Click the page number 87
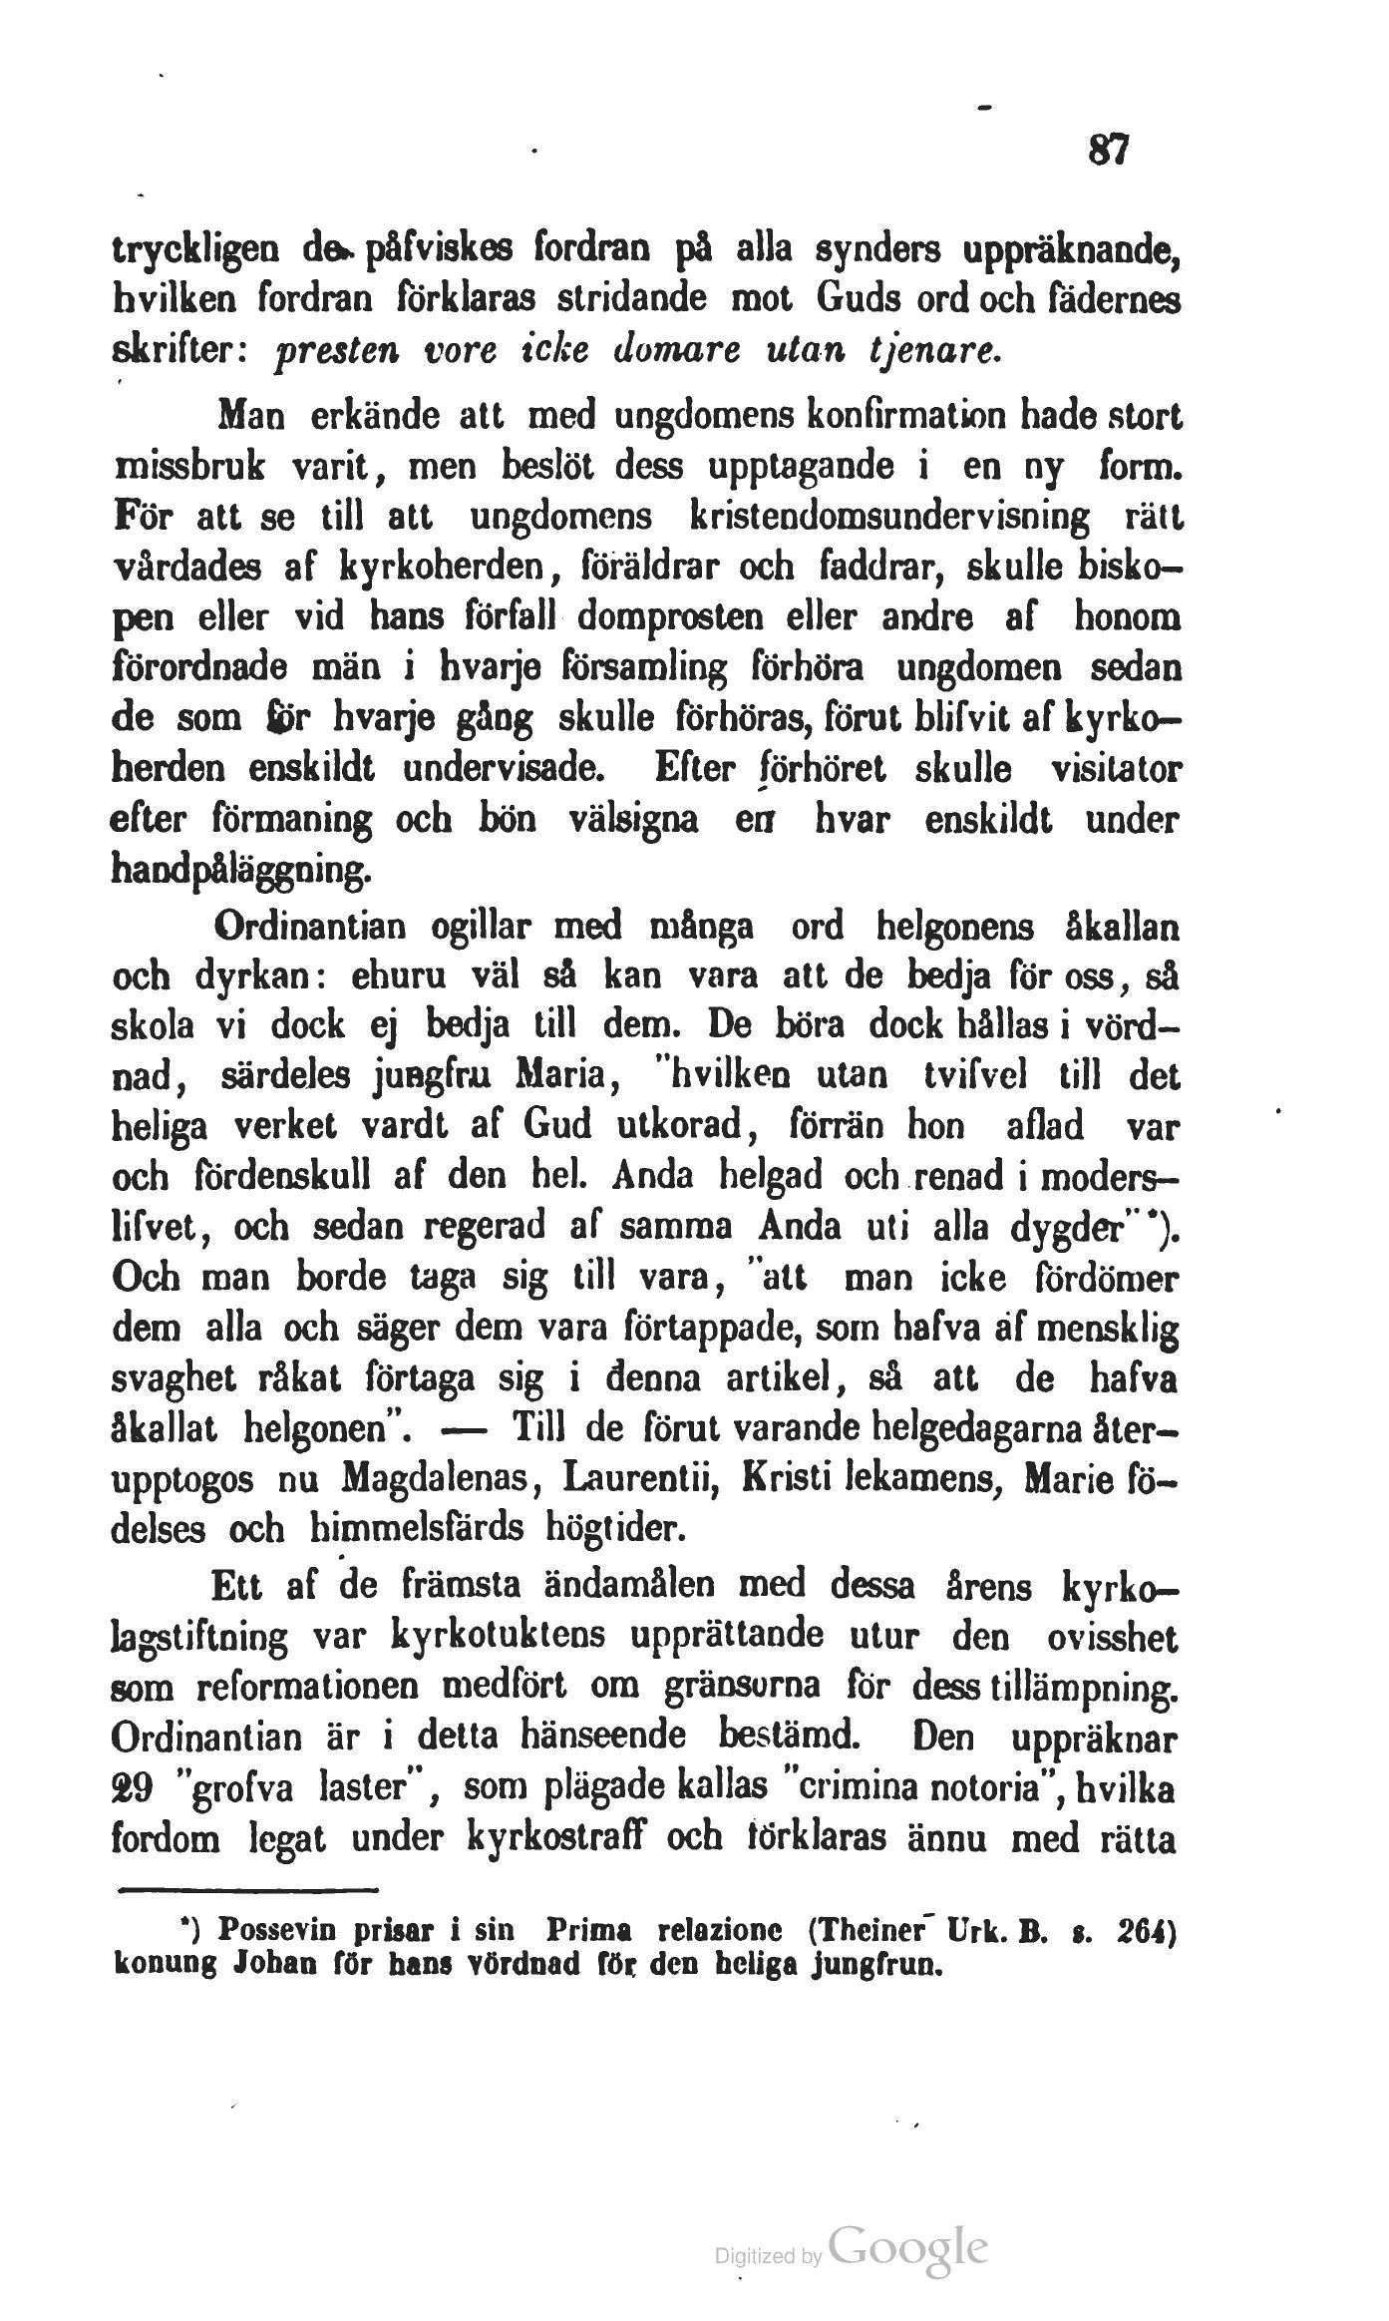coord(1108,151)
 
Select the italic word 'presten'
coord(323,351)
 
